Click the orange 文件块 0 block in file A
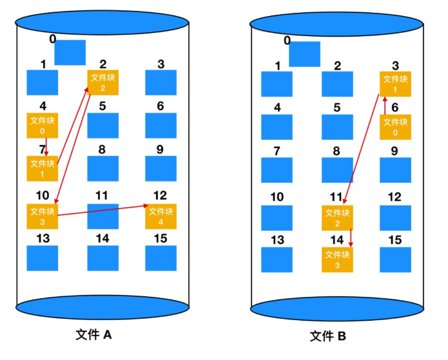coord(42,125)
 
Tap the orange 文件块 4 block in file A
coord(161,216)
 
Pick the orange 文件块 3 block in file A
coord(42,216)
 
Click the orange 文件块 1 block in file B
coord(395,84)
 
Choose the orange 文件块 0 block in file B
coord(395,126)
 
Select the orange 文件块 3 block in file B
coord(337,258)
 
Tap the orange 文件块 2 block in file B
coord(337,217)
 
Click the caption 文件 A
coord(94,335)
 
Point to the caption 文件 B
coord(328,336)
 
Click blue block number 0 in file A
coord(70,52)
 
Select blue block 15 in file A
coord(161,258)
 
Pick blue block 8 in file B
coord(337,169)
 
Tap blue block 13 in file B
coord(277,259)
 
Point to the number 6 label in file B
coord(394,108)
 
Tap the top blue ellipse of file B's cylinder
coord(337,24)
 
